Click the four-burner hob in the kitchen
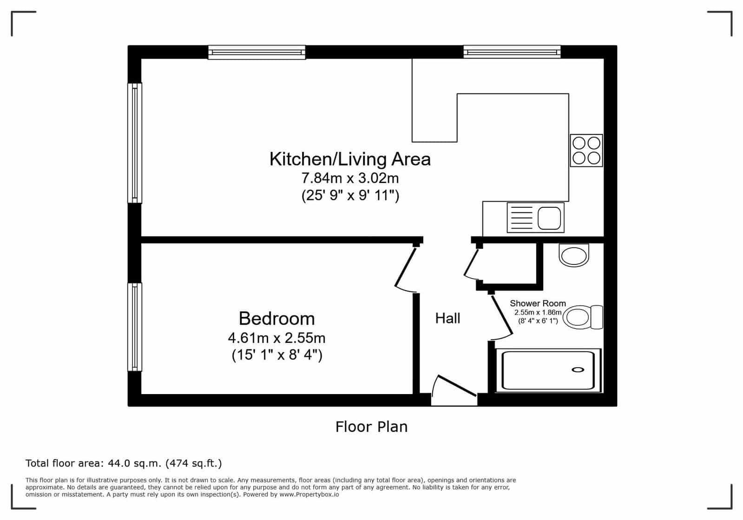tap(586, 150)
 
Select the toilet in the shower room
tap(583, 317)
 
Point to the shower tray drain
tap(578, 370)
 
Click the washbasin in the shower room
tap(574, 255)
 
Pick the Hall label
tap(447, 318)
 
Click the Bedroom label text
tap(276, 319)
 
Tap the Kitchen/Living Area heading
tap(350, 159)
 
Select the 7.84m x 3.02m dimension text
tap(350, 178)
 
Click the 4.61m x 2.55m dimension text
tap(276, 338)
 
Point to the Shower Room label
tap(538, 303)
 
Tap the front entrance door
tap(457, 386)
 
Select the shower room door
tap(502, 315)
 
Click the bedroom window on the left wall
tap(135, 327)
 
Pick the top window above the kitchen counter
tap(512, 52)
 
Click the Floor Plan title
tap(372, 427)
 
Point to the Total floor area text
tap(124, 463)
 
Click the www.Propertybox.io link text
tap(309, 494)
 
